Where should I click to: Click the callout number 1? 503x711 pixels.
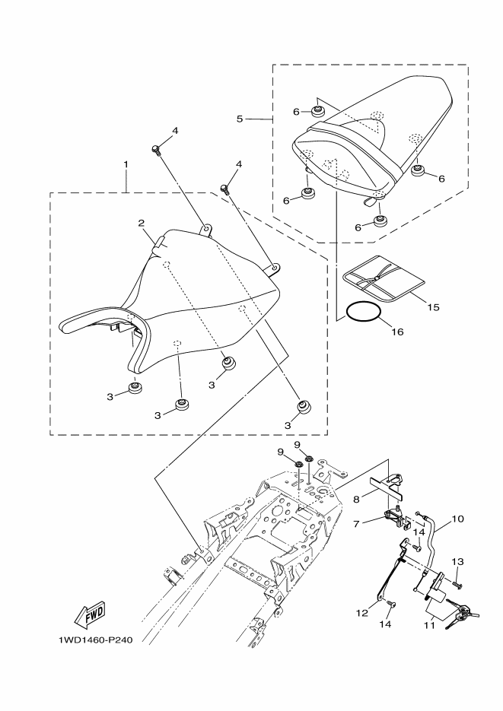tap(126, 164)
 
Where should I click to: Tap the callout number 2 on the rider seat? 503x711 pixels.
tap(142, 223)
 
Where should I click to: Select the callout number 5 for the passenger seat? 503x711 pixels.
tap(240, 119)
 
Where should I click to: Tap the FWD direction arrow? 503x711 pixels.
tap(90, 613)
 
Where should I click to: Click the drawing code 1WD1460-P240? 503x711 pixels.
tap(95, 640)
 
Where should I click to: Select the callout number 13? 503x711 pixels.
tap(457, 561)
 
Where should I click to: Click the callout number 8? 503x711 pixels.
tap(356, 500)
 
